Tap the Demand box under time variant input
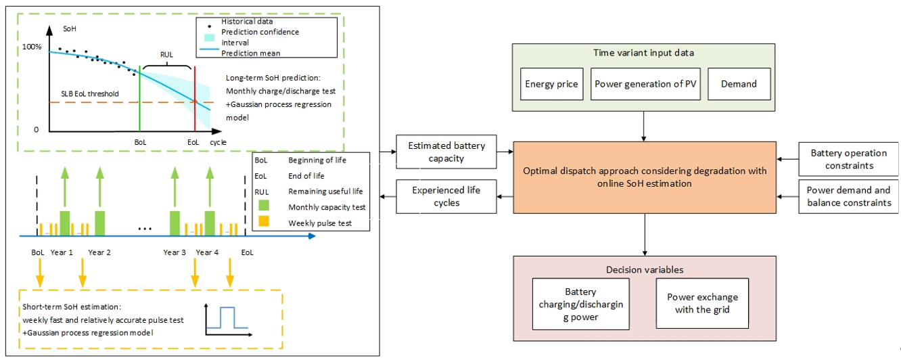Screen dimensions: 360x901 (x=739, y=85)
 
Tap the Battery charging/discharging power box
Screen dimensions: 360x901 (x=580, y=304)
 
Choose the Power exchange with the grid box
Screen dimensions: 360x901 (x=702, y=304)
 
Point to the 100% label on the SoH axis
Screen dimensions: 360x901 (x=32, y=47)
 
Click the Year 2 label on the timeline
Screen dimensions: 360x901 (x=99, y=252)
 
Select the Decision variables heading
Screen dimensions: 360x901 (x=644, y=269)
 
